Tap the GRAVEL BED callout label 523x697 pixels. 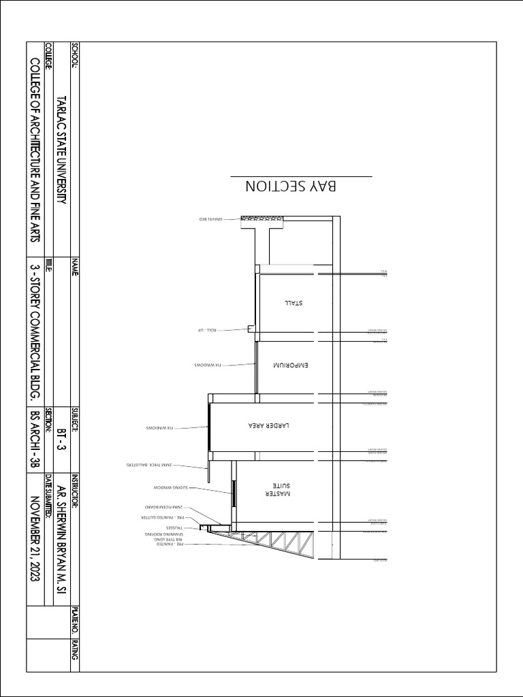(211, 219)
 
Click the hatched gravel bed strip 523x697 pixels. (262, 219)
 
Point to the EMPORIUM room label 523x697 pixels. (291, 366)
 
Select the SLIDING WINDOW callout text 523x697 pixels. (169, 488)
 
